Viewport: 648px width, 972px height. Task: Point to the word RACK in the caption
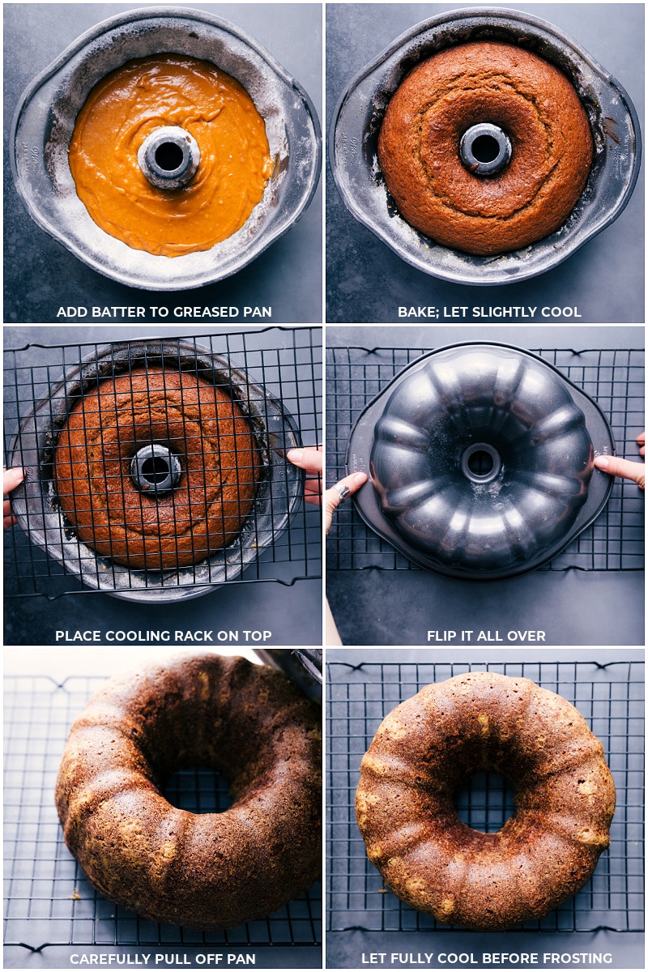(194, 636)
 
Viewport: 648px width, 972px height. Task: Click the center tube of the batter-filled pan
(168, 156)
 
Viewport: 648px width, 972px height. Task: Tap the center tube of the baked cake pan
(485, 148)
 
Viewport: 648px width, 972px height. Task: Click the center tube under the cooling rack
(156, 469)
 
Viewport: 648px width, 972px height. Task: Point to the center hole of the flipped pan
(481, 461)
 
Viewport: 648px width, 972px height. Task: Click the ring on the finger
(342, 492)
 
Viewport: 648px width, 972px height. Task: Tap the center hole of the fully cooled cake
(485, 801)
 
